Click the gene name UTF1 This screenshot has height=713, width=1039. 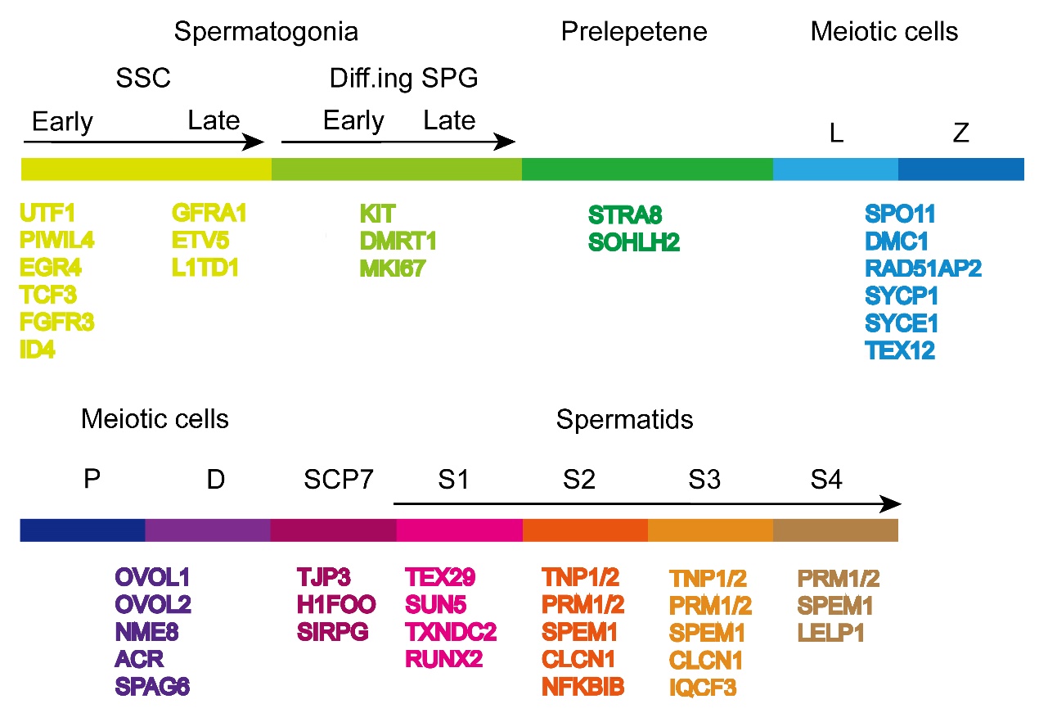47,214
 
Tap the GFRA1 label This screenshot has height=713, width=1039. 209,214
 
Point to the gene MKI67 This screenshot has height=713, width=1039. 393,269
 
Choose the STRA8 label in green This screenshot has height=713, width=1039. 625,216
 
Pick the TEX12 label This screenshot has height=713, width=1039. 900,352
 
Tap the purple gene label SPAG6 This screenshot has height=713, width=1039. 152,687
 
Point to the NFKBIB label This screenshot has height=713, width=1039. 582,687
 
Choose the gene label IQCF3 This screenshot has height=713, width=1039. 703,687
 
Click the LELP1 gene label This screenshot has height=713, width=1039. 832,633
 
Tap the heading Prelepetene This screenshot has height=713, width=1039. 634,33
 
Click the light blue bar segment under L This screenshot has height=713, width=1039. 835,169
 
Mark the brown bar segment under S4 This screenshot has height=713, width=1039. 835,530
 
